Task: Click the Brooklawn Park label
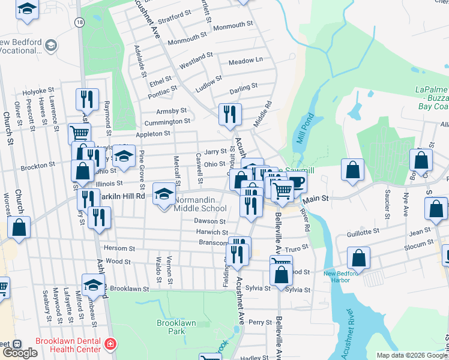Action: (176, 327)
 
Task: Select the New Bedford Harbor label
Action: (345, 277)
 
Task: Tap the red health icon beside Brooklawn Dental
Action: (109, 344)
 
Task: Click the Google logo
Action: (20, 352)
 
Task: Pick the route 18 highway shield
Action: (79, 22)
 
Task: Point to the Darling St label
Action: (244, 86)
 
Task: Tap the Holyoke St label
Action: (38, 92)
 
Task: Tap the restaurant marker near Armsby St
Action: (229, 114)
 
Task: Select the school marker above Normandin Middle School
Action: (164, 193)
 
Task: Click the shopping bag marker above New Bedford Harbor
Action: (358, 257)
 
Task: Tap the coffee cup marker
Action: (296, 182)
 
